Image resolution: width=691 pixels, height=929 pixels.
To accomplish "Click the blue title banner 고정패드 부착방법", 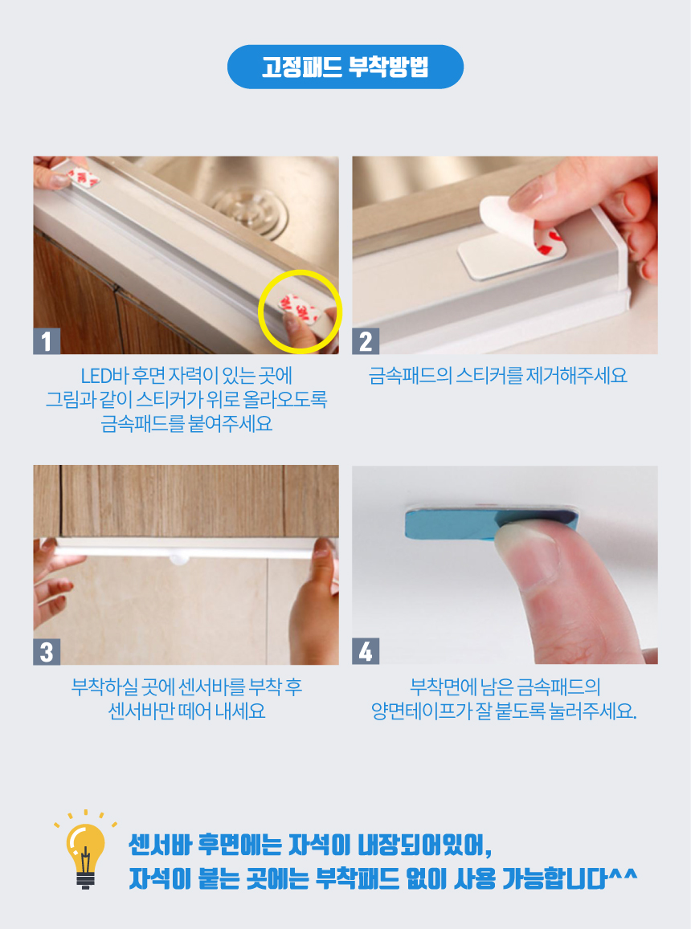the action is [345, 67].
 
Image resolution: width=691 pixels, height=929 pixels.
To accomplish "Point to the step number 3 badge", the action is [47, 651].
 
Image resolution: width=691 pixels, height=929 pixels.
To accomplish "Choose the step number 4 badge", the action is [366, 651].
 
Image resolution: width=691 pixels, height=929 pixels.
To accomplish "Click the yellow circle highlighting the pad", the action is [260, 310].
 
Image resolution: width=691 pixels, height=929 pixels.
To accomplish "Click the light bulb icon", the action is [85, 852].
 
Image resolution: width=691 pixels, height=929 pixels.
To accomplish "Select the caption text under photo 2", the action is [497, 375].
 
